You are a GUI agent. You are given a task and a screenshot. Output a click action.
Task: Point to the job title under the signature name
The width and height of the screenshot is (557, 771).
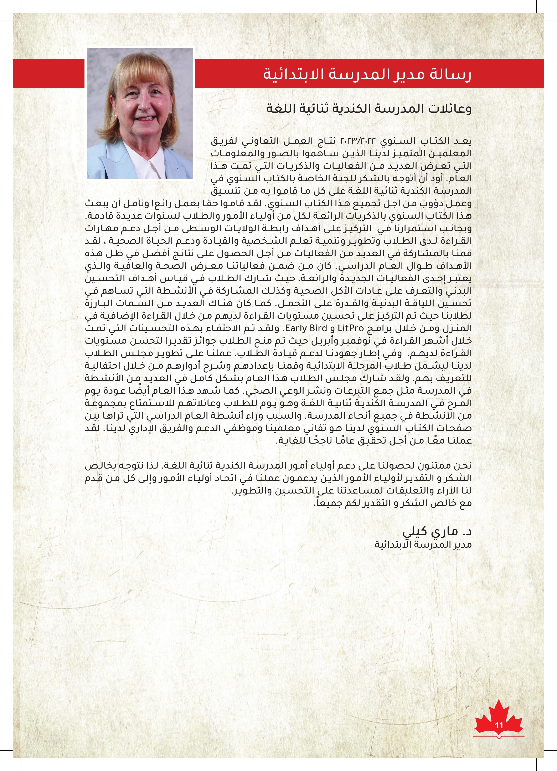[x=423, y=545]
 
